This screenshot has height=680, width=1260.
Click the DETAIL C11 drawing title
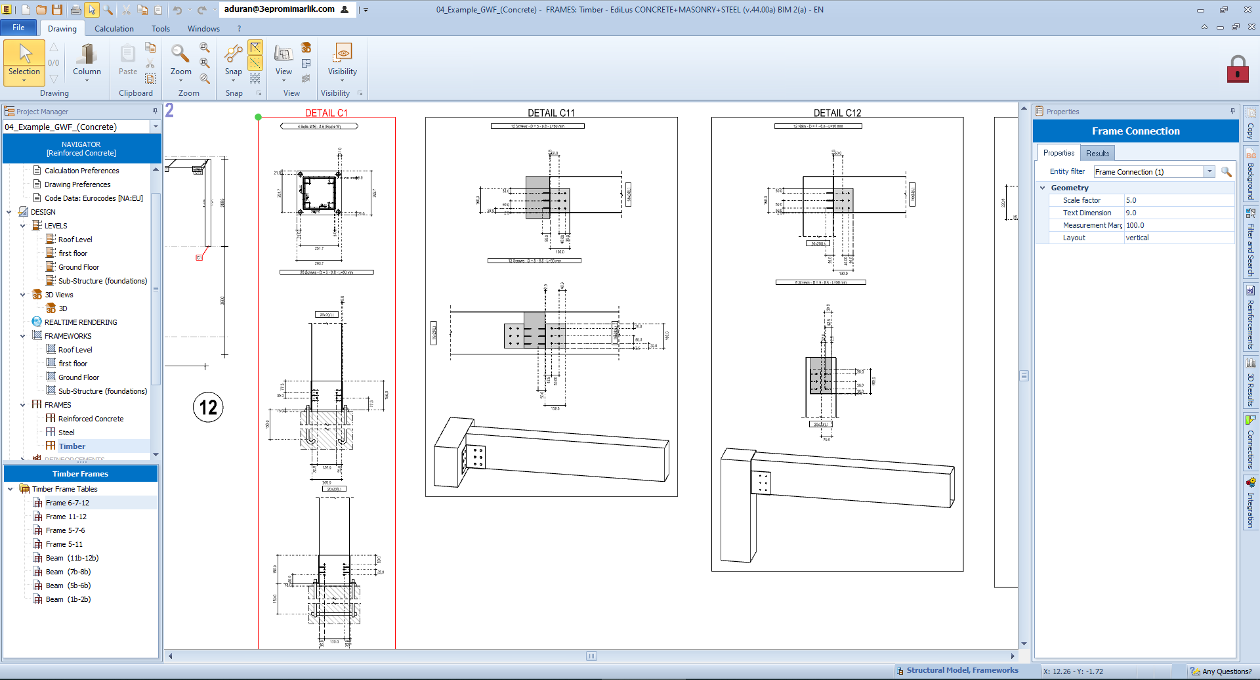coord(551,113)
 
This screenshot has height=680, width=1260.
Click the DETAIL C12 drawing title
coord(837,113)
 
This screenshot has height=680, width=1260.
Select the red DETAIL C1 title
coord(326,113)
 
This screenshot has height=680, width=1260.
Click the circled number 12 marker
coord(208,408)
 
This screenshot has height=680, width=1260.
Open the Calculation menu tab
coord(114,29)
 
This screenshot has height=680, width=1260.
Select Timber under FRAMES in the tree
coord(72,446)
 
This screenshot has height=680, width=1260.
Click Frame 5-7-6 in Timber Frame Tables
coord(65,530)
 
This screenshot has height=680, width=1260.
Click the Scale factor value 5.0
coord(1131,200)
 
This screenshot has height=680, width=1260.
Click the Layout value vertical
coord(1137,238)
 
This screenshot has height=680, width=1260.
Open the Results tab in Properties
coord(1097,153)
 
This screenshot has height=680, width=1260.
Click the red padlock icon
coord(1237,69)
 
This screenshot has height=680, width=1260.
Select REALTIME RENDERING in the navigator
coord(80,322)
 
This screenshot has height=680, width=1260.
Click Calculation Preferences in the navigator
coord(81,171)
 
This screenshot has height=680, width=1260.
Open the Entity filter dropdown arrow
coord(1209,171)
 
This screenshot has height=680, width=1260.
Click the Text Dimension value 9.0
coord(1131,213)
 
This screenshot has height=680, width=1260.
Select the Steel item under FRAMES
coord(66,433)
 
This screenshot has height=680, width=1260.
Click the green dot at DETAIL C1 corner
coord(259,117)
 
